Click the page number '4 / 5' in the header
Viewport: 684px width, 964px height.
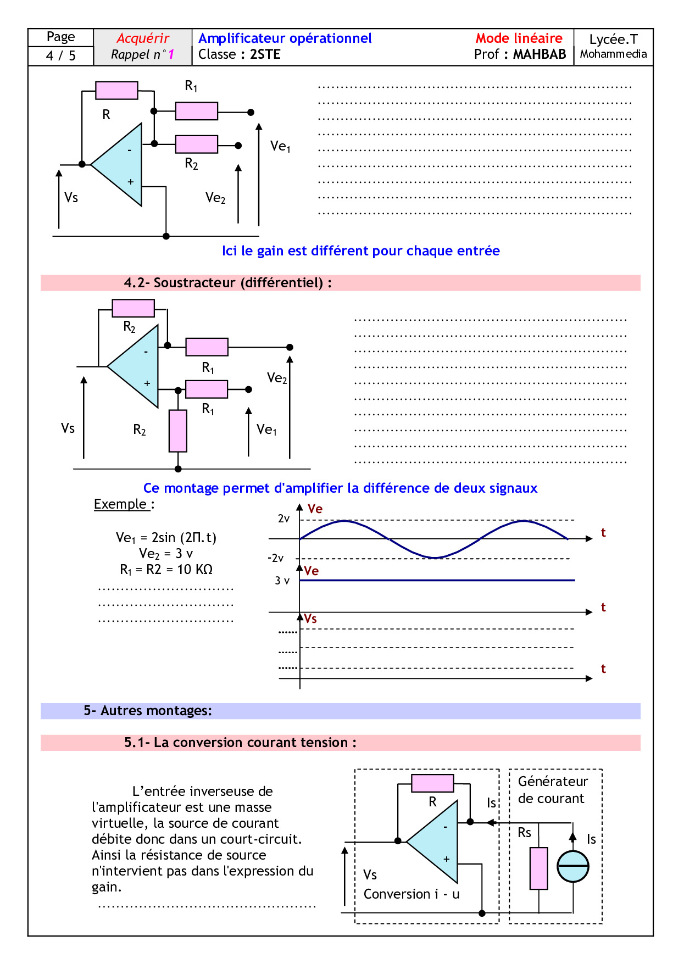click(x=60, y=55)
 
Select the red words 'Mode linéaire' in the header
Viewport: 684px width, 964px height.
click(x=519, y=38)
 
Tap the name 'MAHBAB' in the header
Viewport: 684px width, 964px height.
click(x=539, y=54)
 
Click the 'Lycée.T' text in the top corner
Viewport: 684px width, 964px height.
click(x=613, y=40)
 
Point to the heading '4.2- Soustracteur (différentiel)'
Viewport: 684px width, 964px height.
click(x=227, y=283)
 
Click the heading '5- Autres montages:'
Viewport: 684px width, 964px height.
click(x=147, y=711)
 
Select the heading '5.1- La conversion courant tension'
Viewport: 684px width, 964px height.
click(x=240, y=743)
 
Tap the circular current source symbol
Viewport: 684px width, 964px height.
click(x=573, y=867)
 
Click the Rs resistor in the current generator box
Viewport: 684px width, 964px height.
click(x=538, y=868)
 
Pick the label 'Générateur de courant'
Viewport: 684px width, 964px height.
click(x=552, y=790)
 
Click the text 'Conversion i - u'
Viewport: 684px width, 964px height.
click(x=411, y=894)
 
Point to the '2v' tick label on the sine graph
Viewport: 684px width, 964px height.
click(x=283, y=519)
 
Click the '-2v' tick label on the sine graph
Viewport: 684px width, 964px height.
click(x=276, y=559)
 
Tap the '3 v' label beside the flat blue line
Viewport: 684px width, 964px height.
click(x=282, y=581)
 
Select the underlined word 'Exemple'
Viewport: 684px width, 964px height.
click(x=120, y=504)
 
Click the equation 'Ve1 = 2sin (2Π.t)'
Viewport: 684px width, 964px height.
click(x=166, y=538)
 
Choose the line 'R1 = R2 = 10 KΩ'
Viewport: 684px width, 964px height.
click(x=166, y=570)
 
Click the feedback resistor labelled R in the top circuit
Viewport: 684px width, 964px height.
click(x=116, y=91)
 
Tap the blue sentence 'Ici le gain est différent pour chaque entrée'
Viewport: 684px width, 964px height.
click(x=360, y=251)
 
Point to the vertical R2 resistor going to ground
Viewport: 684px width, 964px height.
click(x=177, y=431)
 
